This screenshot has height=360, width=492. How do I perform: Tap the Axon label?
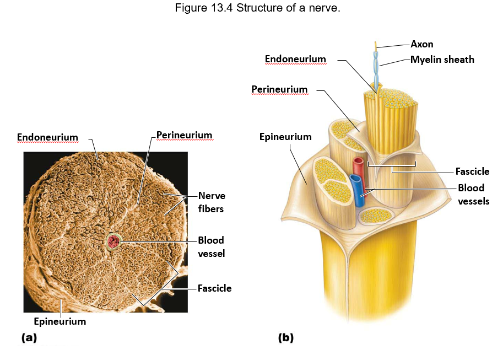[422, 44]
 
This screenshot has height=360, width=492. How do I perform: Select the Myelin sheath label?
[442, 60]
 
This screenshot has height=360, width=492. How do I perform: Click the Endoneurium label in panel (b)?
[295, 59]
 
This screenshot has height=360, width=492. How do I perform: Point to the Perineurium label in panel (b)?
[279, 89]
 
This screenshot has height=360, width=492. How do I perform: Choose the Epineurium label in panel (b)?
[285, 137]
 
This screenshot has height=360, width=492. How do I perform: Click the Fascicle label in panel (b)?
[472, 171]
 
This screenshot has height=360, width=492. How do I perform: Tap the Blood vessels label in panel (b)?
[473, 194]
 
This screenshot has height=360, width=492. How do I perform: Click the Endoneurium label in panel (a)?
[47, 137]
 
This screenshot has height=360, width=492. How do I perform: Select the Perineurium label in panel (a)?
[184, 135]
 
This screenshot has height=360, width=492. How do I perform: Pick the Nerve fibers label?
[212, 202]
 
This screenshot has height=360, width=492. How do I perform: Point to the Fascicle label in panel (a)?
[214, 288]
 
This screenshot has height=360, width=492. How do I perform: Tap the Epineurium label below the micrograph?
[59, 321]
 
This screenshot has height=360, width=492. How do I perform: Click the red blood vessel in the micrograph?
[114, 241]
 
